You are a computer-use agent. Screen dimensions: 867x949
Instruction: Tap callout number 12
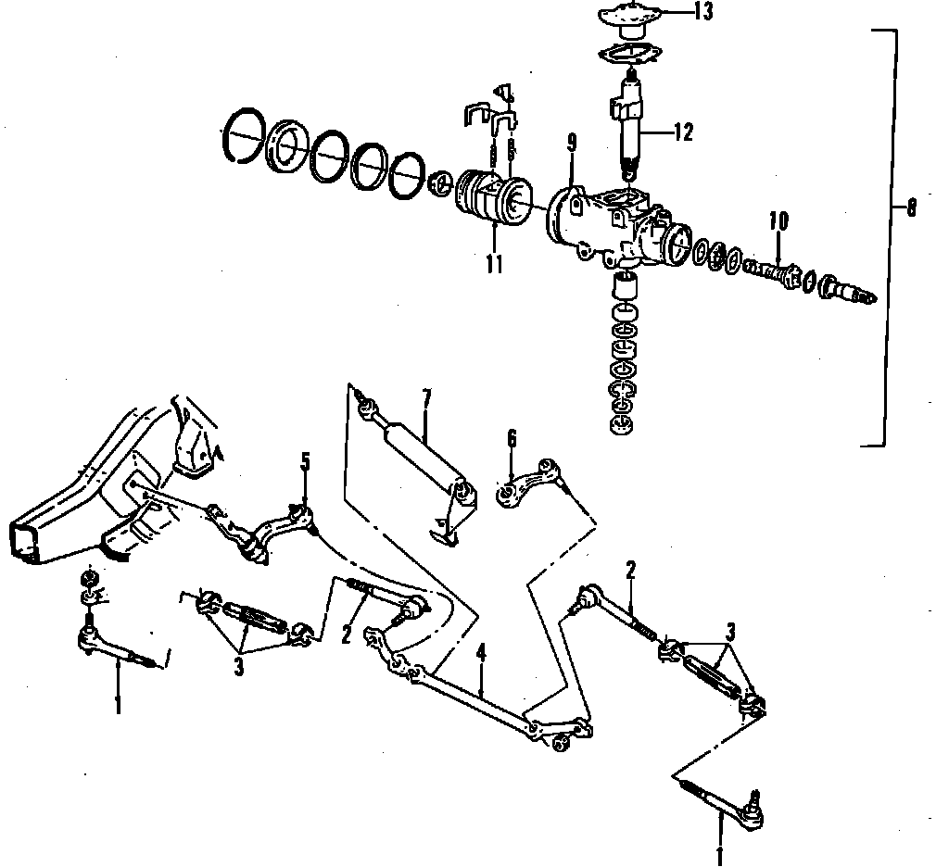pyautogui.click(x=683, y=132)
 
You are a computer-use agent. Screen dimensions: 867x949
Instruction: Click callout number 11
pyautogui.click(x=493, y=265)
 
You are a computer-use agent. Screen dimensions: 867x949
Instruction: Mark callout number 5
pyautogui.click(x=305, y=461)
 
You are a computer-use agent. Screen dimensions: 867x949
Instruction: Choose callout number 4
pyautogui.click(x=481, y=654)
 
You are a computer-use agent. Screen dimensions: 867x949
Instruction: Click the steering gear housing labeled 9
pyautogui.click(x=612, y=227)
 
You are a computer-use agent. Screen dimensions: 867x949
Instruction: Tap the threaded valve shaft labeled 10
pyautogui.click(x=775, y=272)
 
